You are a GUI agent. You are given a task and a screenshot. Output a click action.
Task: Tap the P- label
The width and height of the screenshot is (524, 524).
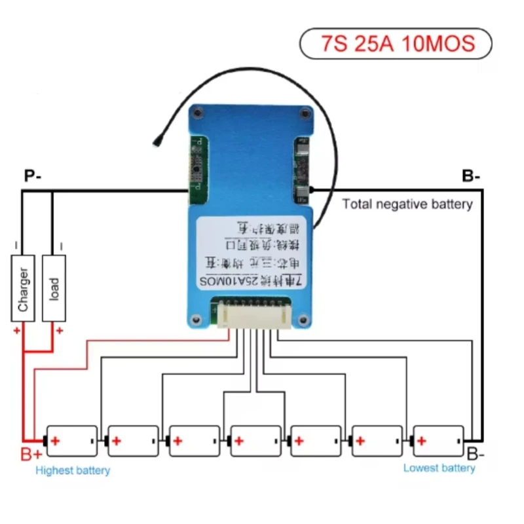33,176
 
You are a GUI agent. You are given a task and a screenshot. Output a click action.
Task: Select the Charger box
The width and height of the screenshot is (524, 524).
23,289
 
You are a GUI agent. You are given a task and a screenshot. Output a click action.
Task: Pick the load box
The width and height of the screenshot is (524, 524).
54,288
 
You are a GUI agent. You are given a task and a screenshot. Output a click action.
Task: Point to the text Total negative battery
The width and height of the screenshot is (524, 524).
407,204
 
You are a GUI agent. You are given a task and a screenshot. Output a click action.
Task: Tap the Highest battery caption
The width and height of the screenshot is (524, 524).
73,470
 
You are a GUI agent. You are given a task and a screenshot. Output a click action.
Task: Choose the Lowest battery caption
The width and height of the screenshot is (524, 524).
439,468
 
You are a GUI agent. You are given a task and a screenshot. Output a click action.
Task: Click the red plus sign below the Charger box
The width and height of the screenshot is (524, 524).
16,331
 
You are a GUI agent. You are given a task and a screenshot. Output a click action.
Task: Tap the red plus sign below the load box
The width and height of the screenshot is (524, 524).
59,331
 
